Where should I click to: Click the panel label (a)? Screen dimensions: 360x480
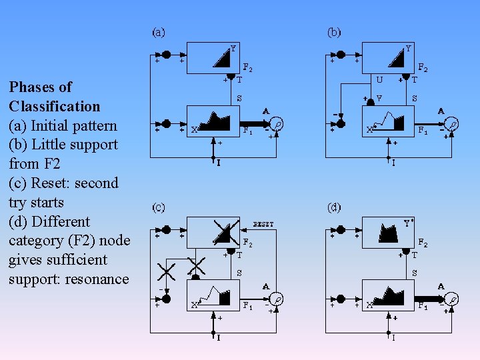click(x=159, y=31)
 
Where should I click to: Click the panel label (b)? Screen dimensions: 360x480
click(x=334, y=31)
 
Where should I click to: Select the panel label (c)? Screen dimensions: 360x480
click(x=159, y=207)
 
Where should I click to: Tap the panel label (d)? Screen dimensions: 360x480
click(x=334, y=207)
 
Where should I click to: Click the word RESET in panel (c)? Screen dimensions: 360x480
click(x=263, y=225)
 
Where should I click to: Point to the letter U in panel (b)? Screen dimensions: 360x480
click(x=379, y=79)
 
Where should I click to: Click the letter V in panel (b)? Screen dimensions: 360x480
click(x=379, y=98)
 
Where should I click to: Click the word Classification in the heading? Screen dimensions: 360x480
click(x=55, y=106)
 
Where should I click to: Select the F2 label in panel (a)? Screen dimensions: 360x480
click(x=247, y=67)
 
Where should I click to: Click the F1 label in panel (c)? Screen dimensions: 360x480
click(x=247, y=306)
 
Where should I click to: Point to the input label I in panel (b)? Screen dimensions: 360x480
click(x=393, y=162)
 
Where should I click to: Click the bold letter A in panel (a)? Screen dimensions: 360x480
click(x=266, y=111)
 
